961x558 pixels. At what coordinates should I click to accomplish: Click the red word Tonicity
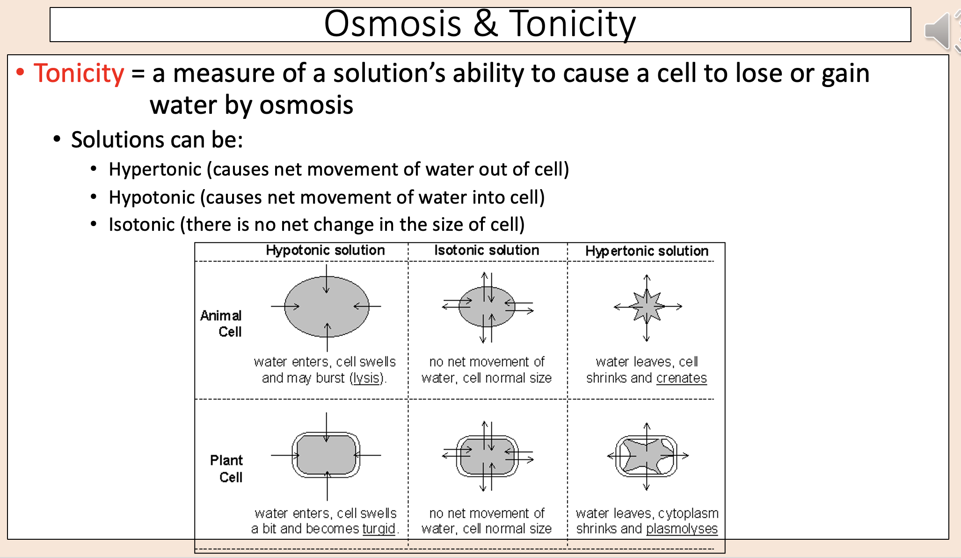(79, 73)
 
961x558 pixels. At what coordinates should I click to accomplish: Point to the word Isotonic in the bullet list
(141, 225)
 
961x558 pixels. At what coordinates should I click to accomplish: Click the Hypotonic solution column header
(325, 250)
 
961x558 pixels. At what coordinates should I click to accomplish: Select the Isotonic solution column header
(487, 250)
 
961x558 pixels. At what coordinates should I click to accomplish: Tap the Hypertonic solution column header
(647, 251)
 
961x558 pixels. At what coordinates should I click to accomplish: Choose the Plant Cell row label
(226, 469)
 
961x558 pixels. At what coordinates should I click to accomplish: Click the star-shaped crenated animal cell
(647, 306)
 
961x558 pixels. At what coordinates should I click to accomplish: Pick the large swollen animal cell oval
(327, 307)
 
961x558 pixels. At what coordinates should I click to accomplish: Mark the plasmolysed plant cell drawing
(647, 456)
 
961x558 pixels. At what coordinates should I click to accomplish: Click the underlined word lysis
(366, 378)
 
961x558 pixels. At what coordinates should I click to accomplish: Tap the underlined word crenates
(681, 378)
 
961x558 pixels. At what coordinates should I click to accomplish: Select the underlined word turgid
(379, 529)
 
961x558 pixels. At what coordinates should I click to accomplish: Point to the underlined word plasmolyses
(682, 529)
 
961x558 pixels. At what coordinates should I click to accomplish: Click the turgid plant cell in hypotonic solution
(326, 455)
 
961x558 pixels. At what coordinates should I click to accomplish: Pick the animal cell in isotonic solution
(487, 307)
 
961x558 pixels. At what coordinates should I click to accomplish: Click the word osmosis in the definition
(306, 105)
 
